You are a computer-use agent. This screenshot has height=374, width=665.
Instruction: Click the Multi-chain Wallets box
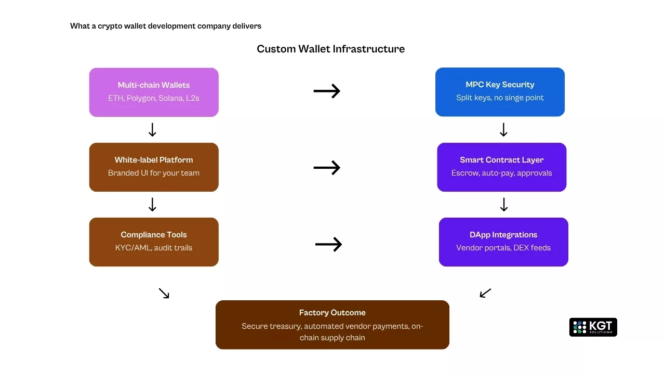pos(154,92)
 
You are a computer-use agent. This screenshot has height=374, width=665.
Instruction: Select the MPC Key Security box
pos(500,92)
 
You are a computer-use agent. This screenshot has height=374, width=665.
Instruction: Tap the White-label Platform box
pos(154,167)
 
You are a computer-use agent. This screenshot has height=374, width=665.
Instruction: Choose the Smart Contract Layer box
pos(501,167)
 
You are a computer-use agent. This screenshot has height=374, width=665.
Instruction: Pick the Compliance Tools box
pos(154,242)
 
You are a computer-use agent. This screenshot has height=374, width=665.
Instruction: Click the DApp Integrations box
pos(503,242)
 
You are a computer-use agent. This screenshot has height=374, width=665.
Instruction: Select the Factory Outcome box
pos(332,325)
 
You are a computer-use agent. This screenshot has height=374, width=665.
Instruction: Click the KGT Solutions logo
pos(593,327)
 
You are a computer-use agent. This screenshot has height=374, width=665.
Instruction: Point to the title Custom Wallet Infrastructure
pos(330,49)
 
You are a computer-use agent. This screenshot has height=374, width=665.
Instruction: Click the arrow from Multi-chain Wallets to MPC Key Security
pos(327,91)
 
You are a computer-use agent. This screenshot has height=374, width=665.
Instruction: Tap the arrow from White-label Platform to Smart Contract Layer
pos(327,168)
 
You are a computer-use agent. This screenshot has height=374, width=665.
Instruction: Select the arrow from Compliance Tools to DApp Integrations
pos(328,244)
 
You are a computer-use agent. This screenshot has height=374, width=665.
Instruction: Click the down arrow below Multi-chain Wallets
pos(152,130)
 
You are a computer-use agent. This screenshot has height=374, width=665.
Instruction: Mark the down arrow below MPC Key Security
pos(503,130)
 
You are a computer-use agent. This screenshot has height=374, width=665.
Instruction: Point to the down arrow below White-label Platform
pos(152,205)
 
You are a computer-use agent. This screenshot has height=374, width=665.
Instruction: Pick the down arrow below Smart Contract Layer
pos(503,205)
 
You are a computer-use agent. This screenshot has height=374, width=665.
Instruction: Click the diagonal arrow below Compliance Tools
pos(164,293)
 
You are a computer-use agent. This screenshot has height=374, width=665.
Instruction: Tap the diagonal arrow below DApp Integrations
pos(485,293)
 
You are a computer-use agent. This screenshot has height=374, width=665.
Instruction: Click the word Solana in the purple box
pos(171,98)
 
